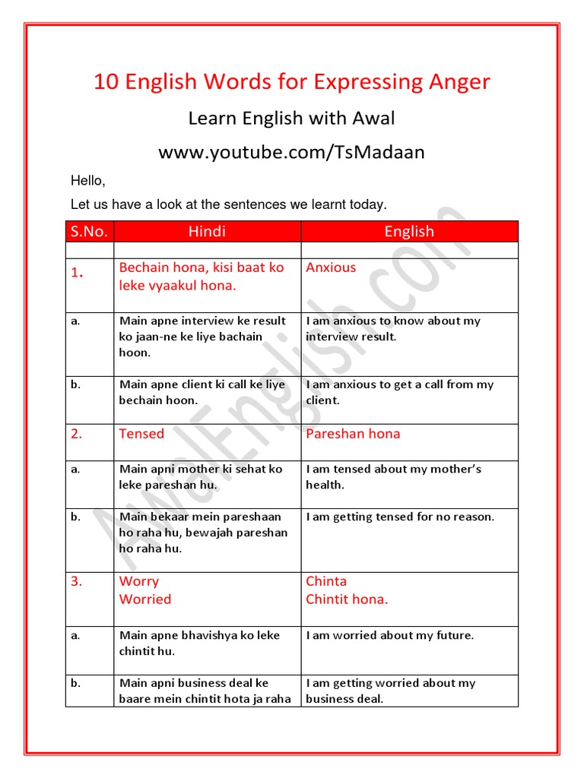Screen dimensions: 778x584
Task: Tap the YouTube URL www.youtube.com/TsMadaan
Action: click(291, 153)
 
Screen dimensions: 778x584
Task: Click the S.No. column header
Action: click(89, 232)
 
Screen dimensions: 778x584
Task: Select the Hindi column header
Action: click(207, 232)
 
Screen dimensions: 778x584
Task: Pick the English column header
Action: click(409, 232)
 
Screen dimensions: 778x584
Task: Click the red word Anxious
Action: click(331, 267)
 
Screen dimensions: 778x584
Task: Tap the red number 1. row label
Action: click(77, 274)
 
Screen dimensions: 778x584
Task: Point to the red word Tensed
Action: click(141, 434)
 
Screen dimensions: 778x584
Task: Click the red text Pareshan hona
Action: click(353, 434)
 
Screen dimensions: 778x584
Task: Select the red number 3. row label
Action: click(77, 581)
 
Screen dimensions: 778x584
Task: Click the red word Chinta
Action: click(326, 581)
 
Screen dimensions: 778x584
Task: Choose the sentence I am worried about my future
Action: click(389, 635)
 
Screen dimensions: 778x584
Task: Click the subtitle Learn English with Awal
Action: click(291, 119)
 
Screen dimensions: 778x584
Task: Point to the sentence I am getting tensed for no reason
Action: click(400, 517)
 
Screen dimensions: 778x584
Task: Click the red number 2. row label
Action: click(77, 434)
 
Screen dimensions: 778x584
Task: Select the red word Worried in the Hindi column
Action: click(145, 599)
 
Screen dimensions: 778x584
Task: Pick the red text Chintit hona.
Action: click(347, 599)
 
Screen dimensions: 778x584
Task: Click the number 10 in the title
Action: click(104, 82)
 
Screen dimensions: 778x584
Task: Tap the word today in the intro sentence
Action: click(368, 204)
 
